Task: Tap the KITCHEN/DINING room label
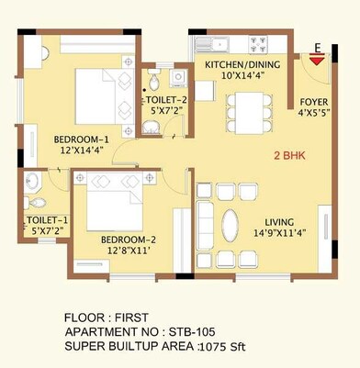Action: click(242, 64)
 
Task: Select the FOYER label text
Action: click(312, 104)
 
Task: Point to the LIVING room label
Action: click(283, 222)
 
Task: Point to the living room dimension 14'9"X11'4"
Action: click(283, 235)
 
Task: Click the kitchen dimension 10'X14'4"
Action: click(242, 76)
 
